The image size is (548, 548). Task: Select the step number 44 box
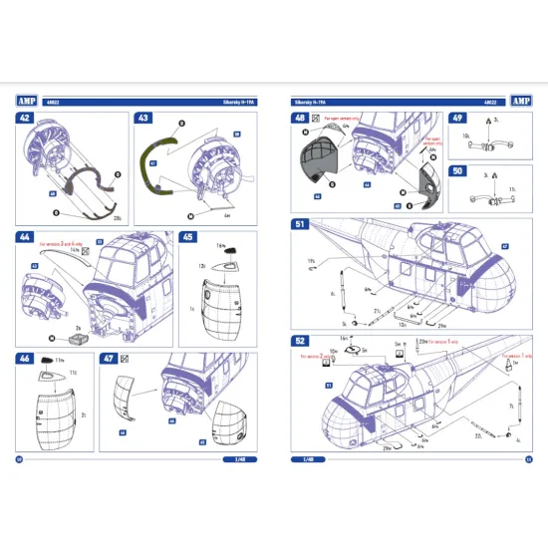tap(23, 238)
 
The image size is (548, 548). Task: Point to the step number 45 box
tap(188, 238)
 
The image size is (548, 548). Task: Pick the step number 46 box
tap(23, 357)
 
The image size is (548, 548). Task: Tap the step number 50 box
tap(458, 171)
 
